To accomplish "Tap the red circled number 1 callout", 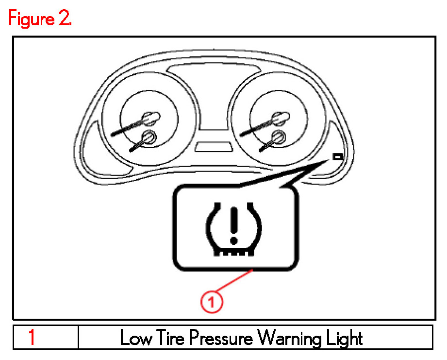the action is [212, 302].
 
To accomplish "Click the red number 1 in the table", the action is [32, 337].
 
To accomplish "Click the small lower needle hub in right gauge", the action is [278, 137].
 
